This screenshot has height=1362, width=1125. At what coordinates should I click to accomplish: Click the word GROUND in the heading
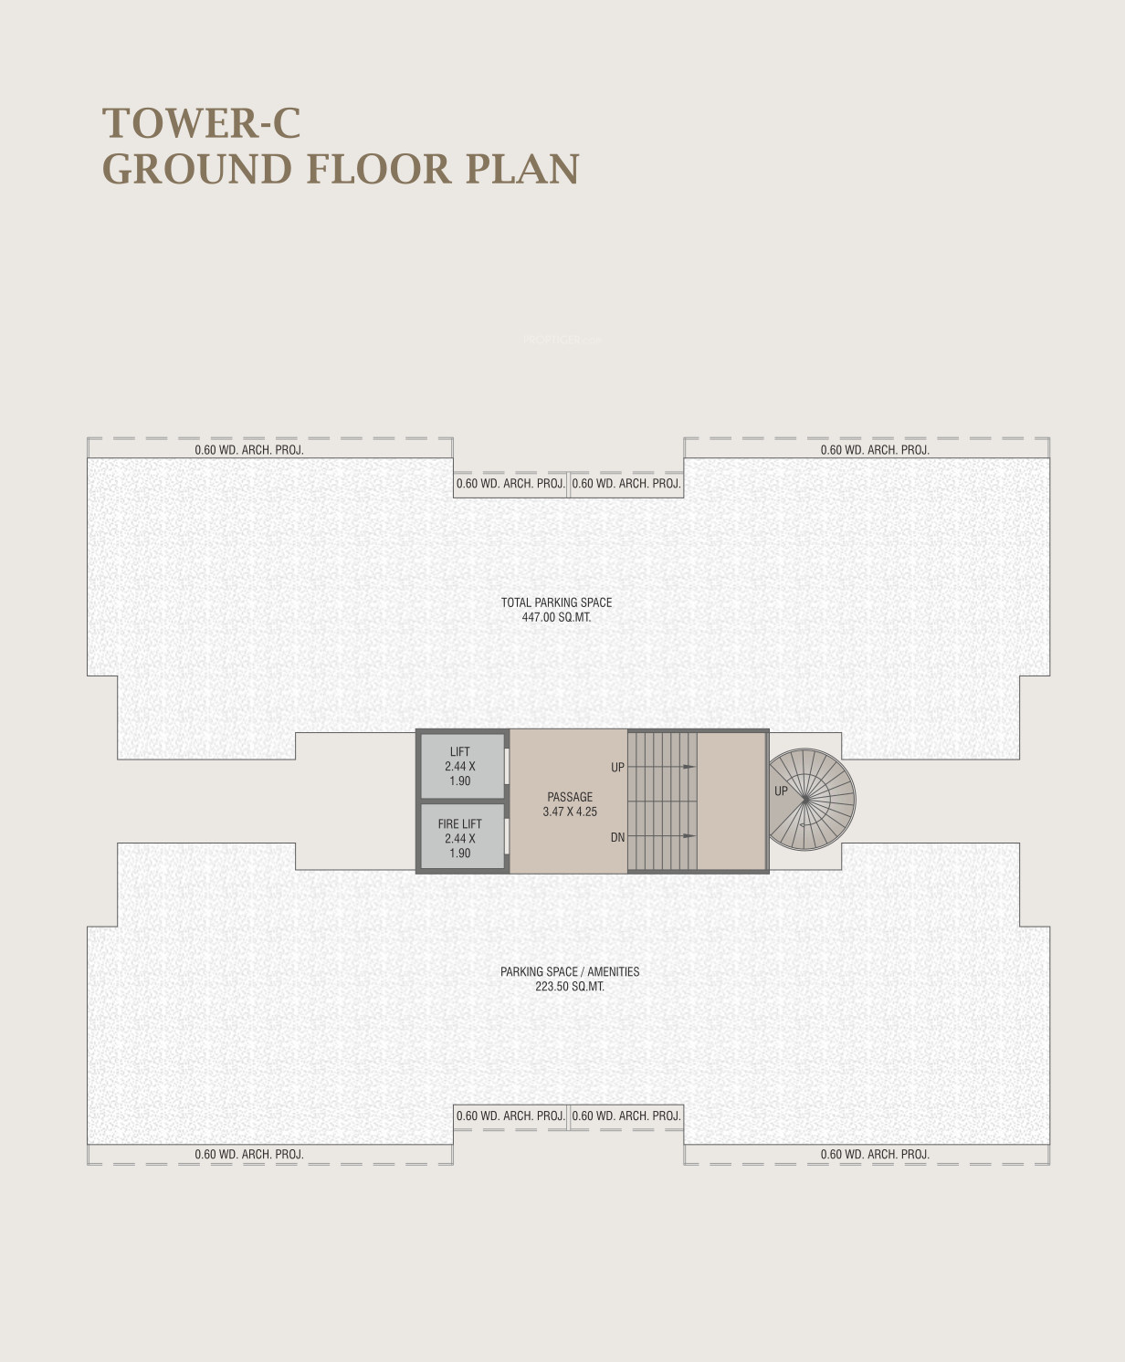(197, 169)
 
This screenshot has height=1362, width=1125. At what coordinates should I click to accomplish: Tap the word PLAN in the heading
(522, 169)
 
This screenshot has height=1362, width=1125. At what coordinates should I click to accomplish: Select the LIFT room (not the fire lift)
(462, 766)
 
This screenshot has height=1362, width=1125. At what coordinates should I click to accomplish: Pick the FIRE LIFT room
(462, 837)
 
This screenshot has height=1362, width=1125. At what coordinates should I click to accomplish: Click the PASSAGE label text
(570, 796)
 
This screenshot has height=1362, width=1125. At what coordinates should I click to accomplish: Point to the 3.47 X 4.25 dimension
(570, 812)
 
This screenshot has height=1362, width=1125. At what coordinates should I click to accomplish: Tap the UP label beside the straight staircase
(617, 767)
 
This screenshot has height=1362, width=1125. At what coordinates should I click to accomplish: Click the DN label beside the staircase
(617, 837)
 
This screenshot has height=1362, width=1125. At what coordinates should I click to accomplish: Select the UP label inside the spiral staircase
(781, 791)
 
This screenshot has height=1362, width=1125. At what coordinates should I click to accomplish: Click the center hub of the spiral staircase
(806, 799)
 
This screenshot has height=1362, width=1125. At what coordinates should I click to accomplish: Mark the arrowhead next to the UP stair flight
(689, 767)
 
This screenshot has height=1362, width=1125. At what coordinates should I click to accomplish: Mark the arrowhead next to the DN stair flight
(689, 836)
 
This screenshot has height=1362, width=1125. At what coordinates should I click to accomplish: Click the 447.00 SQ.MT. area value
(557, 617)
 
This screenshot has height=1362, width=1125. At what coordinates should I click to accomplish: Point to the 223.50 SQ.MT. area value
(570, 986)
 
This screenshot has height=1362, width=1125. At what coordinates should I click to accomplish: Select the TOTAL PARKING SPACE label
(557, 602)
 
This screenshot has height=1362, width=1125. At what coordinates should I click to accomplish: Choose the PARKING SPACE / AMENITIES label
(570, 971)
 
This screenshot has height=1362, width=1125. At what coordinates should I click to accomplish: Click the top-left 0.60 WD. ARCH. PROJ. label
(248, 449)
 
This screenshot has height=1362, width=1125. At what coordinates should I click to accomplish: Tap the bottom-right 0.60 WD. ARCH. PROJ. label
(875, 1154)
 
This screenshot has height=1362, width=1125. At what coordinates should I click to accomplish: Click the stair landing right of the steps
(731, 801)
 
